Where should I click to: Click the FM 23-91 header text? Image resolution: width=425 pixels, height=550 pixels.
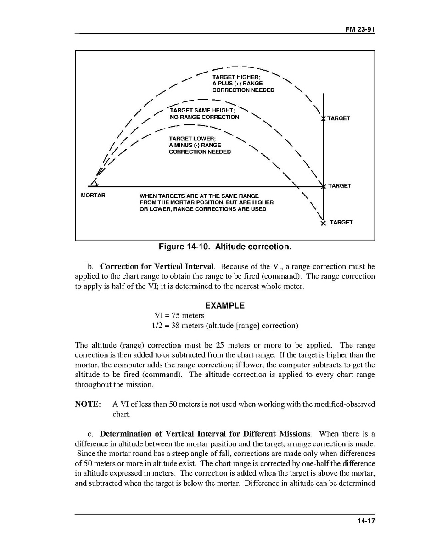click(360, 29)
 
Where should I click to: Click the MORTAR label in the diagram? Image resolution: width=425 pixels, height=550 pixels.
click(93, 196)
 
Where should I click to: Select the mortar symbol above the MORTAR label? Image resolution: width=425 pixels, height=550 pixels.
click(94, 183)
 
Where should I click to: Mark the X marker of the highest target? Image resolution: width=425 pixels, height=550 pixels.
click(324, 119)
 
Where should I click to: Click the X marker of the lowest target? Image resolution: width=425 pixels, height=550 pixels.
click(323, 223)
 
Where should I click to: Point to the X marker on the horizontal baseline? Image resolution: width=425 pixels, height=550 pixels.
click(324, 186)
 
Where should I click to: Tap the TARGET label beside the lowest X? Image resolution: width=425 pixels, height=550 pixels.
click(341, 223)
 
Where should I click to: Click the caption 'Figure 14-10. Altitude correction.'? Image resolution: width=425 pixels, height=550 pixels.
click(225, 247)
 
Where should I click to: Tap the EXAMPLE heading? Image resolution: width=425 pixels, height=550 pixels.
click(224, 305)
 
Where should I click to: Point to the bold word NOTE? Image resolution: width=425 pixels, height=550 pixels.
click(88, 404)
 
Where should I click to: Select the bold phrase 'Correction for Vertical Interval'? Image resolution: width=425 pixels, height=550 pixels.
click(157, 266)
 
